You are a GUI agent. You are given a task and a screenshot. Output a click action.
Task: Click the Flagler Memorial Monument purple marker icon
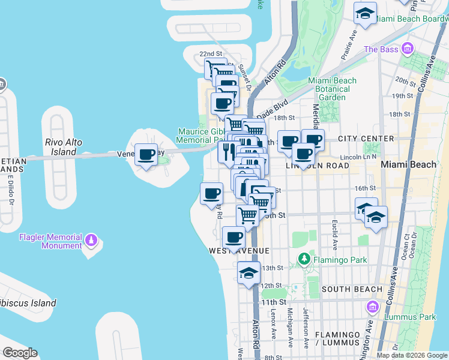point(91,240)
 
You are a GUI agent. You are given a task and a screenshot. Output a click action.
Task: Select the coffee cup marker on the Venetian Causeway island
point(146,155)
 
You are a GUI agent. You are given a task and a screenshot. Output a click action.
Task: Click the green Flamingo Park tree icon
point(304,259)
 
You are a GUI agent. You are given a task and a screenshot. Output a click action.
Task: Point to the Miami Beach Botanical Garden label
point(332,89)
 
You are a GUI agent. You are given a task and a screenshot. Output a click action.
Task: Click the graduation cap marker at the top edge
point(364,13)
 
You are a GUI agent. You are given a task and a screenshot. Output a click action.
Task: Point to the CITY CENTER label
point(366,139)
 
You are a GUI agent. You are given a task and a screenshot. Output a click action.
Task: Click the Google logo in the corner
point(20,353)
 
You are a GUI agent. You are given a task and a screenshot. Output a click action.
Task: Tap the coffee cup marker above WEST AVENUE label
point(234,238)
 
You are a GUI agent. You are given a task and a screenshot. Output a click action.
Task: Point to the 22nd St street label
point(211,54)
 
